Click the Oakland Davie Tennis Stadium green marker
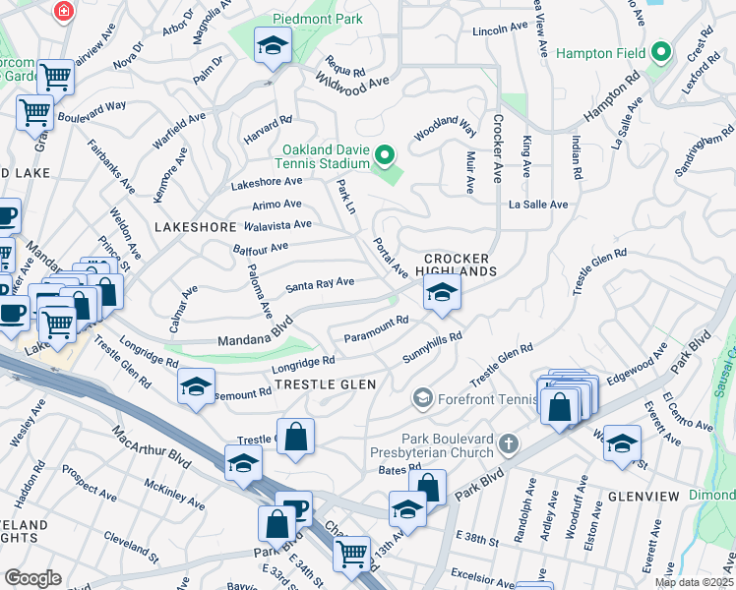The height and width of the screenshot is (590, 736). (x=385, y=155)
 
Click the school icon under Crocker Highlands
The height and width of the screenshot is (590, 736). (x=442, y=291)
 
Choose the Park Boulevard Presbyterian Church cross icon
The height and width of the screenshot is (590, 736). (x=508, y=444)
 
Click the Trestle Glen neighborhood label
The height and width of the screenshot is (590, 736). (x=325, y=383)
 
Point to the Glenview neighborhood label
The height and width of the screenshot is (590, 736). (x=644, y=497)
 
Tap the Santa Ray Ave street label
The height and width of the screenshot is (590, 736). (x=319, y=284)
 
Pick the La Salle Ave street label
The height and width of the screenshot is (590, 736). (x=538, y=205)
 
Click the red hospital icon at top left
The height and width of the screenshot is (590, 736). (x=64, y=11)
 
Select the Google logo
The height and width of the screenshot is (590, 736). (x=32, y=577)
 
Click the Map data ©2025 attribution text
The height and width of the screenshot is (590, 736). (x=693, y=582)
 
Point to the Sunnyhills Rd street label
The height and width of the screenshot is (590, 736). (x=432, y=346)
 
